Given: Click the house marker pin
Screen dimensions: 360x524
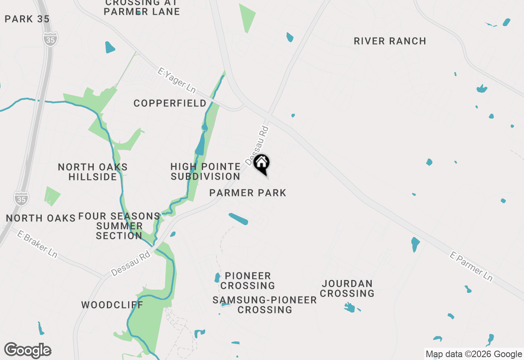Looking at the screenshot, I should click(x=262, y=164).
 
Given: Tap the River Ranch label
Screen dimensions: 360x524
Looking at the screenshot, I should click(x=390, y=41).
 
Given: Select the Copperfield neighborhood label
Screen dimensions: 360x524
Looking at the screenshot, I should click(x=170, y=103).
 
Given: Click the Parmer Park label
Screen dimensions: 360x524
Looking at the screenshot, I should click(x=247, y=193).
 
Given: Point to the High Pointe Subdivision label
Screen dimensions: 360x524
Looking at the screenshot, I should click(x=206, y=172).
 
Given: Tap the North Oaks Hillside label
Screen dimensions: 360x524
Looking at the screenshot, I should click(x=93, y=172).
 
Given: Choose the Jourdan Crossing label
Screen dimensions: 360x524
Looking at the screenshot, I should click(x=347, y=288).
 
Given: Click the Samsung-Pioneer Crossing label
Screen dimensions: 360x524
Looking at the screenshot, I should click(x=264, y=305).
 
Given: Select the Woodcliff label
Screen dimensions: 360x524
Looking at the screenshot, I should click(x=112, y=305).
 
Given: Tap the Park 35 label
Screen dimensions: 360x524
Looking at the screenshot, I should click(x=27, y=19).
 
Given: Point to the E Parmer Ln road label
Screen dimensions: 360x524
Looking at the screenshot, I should click(x=471, y=266).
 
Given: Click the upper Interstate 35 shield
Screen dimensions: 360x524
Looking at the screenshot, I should click(x=50, y=39).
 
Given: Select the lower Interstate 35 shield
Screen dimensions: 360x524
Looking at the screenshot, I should click(x=21, y=198).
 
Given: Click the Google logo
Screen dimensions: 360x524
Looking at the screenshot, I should click(x=28, y=351).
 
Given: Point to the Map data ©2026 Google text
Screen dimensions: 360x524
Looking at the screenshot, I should click(x=474, y=354).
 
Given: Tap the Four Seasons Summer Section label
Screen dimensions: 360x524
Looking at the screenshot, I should click(x=119, y=226).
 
